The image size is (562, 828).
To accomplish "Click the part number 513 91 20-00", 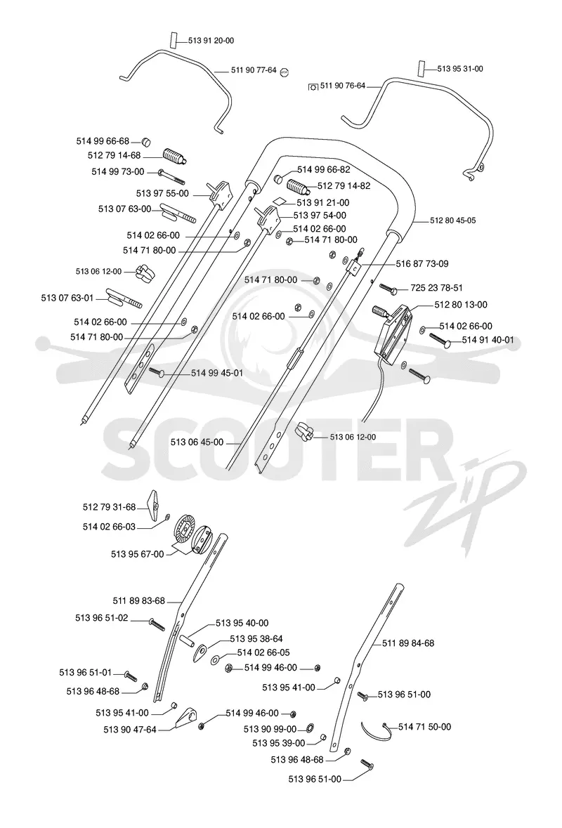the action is tap(211, 41).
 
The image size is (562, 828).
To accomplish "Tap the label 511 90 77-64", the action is tap(254, 70).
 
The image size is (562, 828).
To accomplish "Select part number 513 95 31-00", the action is tap(460, 69).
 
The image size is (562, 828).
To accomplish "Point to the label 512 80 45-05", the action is tap(452, 221).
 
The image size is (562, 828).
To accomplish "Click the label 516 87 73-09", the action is tap(423, 263).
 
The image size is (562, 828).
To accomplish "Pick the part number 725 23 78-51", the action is tap(436, 288).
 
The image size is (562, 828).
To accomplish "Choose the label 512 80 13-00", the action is tap(461, 305).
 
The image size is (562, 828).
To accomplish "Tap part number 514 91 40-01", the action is tap(488, 340).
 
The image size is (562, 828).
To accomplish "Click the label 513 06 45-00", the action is tap(197, 442).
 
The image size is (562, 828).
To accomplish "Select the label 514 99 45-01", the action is tap(217, 373).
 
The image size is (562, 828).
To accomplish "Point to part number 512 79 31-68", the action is tap(110, 507).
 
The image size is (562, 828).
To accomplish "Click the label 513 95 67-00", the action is tap(137, 554).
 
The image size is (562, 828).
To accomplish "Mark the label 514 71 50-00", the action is tap(425, 727).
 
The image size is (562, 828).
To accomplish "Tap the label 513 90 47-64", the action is tap(130, 730).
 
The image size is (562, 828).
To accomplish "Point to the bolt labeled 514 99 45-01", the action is tap(158, 372).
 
